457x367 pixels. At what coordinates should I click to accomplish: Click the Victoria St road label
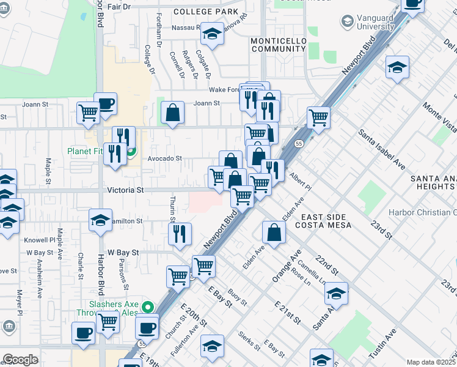[x=125, y=190]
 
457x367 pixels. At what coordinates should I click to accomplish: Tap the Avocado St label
[x=164, y=158]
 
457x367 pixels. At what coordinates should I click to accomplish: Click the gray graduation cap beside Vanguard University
[x=347, y=22]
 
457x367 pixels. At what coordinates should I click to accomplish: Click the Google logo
[x=20, y=360]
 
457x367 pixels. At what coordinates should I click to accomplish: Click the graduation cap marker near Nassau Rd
[x=212, y=33]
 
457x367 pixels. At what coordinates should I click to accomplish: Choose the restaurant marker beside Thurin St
[x=180, y=233]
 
